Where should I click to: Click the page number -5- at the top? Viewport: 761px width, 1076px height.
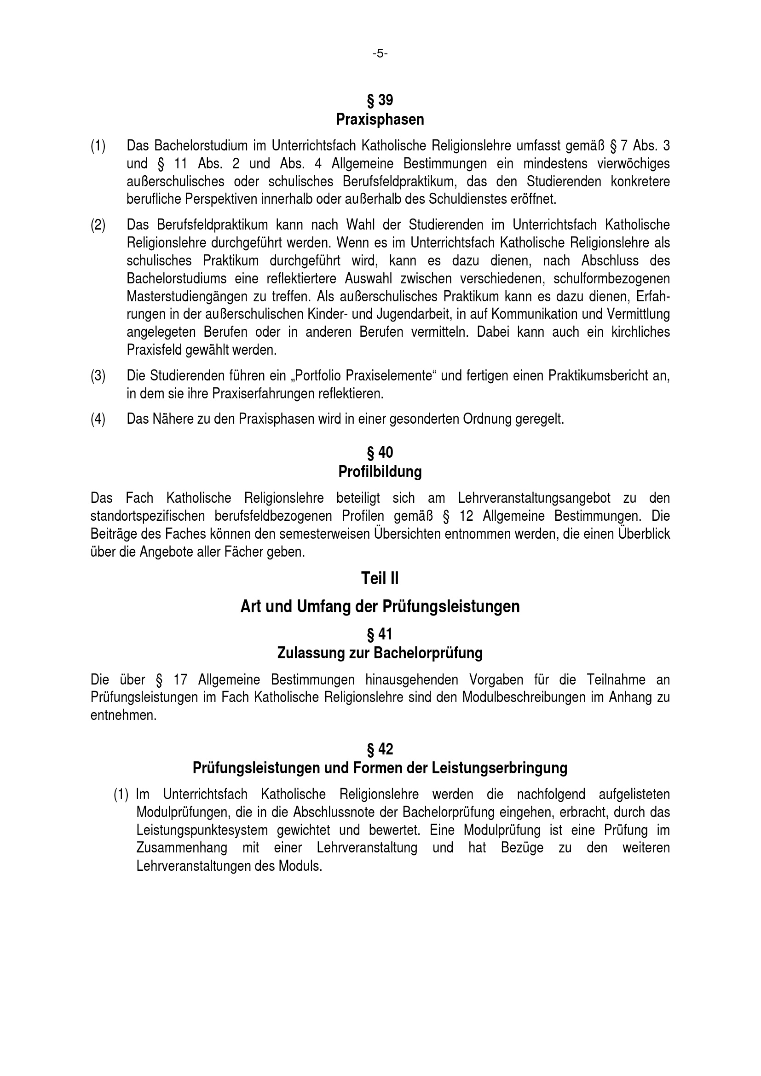[x=380, y=54]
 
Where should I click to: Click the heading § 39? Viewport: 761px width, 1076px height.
[x=380, y=100]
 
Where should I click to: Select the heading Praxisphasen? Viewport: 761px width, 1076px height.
[x=380, y=120]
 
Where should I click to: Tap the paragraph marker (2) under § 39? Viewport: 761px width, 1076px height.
[x=98, y=225]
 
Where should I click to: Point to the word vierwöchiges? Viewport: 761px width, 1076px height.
[x=634, y=164]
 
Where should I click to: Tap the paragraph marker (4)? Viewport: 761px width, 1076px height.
[x=98, y=419]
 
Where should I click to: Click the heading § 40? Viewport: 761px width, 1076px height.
[x=380, y=452]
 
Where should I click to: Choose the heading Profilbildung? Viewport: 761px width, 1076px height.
[x=380, y=472]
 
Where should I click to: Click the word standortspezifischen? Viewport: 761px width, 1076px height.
[x=148, y=516]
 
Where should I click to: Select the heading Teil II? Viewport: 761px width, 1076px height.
[x=380, y=578]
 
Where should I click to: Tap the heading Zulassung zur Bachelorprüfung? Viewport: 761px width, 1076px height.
[x=380, y=653]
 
